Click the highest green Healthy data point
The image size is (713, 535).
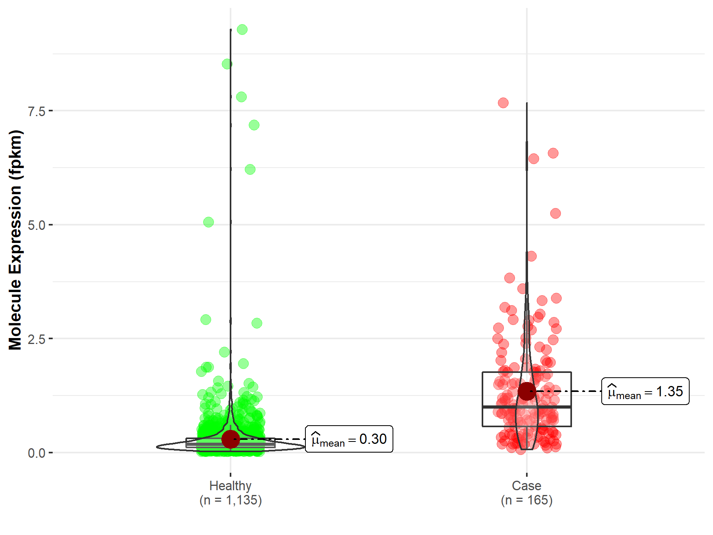point(242,30)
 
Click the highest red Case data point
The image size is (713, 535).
point(503,103)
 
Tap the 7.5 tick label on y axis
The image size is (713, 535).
point(36,111)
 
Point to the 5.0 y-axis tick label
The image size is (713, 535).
point(36,225)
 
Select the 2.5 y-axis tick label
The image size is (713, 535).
point(36,339)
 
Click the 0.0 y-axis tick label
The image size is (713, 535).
point(36,453)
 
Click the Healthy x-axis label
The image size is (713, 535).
point(230,485)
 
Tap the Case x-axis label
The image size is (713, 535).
point(526,485)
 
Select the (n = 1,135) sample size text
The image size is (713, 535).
point(231,500)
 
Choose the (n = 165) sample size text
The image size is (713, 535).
point(526,500)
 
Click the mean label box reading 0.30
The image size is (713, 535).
point(349,439)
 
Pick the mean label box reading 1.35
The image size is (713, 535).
point(645,392)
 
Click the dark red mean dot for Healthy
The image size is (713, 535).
point(231,439)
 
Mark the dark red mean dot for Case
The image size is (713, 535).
point(527,392)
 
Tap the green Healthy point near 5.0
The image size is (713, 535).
point(208,222)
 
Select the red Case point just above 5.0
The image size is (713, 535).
point(555,214)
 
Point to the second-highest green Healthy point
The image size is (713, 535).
point(227,64)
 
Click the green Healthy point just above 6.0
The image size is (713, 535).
point(250,170)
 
